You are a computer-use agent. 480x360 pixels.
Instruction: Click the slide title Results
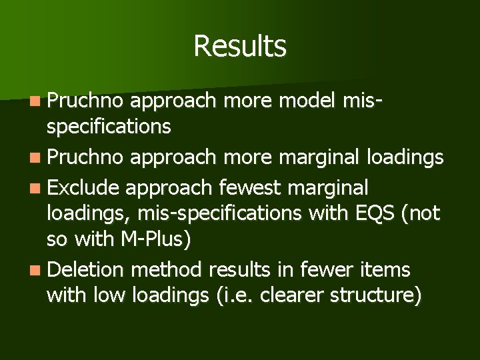pyautogui.click(x=240, y=47)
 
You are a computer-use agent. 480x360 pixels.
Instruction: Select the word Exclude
pyautogui.click(x=84, y=188)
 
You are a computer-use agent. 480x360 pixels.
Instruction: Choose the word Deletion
pyautogui.click(x=87, y=269)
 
